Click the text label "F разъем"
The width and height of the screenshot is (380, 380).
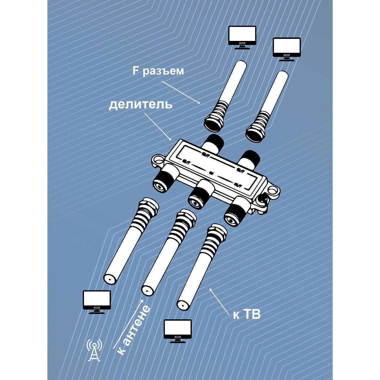pos(158,71)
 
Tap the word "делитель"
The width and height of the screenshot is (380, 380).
pos(141,105)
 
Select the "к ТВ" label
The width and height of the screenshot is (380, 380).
pos(247,315)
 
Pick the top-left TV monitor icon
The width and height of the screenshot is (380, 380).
pos(242,37)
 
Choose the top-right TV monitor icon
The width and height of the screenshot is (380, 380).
pos(286,49)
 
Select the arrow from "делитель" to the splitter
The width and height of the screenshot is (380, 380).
pos(158,127)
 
